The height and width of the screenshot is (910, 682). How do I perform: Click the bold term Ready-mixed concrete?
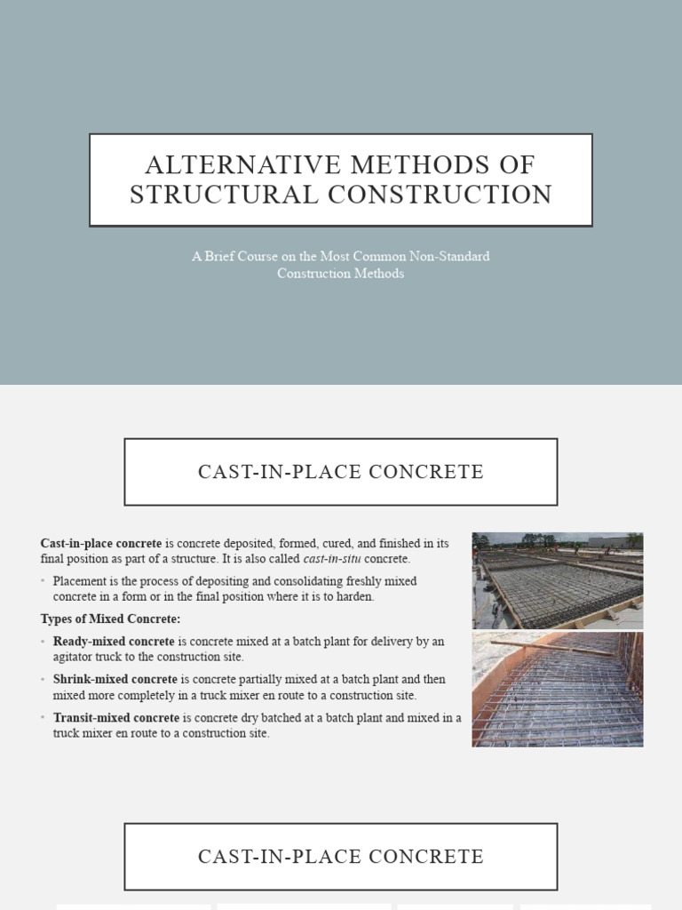point(114,642)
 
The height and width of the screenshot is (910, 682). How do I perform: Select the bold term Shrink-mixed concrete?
point(115,680)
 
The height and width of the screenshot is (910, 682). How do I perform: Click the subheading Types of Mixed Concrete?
point(110,619)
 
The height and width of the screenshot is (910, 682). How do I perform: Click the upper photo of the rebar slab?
point(557,580)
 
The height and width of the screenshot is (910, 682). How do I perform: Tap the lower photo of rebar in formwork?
point(557,690)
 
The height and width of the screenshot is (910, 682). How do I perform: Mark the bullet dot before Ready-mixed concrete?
point(44,642)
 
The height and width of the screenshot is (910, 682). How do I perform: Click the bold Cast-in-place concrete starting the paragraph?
point(100,544)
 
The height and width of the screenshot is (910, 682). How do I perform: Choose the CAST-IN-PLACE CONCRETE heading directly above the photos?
point(340,472)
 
